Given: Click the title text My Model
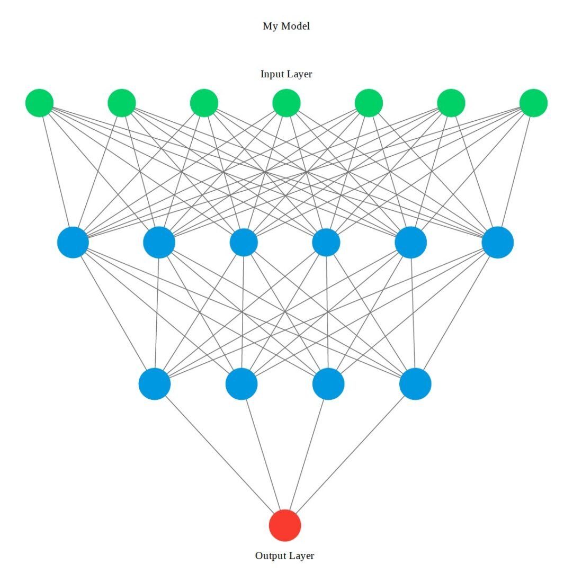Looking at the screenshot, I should [x=286, y=26].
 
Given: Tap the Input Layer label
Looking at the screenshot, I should [x=286, y=74].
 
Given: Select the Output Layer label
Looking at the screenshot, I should [x=284, y=556].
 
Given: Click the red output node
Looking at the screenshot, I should [x=285, y=525].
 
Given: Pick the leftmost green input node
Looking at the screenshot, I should [x=39, y=103].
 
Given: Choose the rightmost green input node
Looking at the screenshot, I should [x=533, y=103].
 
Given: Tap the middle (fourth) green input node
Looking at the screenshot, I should [x=286, y=103].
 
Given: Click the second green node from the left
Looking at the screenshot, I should [x=122, y=103].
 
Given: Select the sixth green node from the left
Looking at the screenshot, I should [x=451, y=103].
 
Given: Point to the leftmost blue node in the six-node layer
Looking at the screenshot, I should [x=73, y=243].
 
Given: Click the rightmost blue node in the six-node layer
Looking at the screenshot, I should [x=498, y=243].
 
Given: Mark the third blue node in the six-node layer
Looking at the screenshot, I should [x=244, y=243].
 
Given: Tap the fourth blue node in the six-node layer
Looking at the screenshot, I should [x=326, y=243].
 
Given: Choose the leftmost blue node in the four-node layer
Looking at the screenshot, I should [x=155, y=384].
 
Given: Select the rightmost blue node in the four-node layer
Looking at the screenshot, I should [x=415, y=384].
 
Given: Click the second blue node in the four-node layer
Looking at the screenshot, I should [x=241, y=384].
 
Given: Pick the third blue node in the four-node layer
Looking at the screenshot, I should [x=328, y=384].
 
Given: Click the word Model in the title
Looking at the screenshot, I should [x=296, y=26].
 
